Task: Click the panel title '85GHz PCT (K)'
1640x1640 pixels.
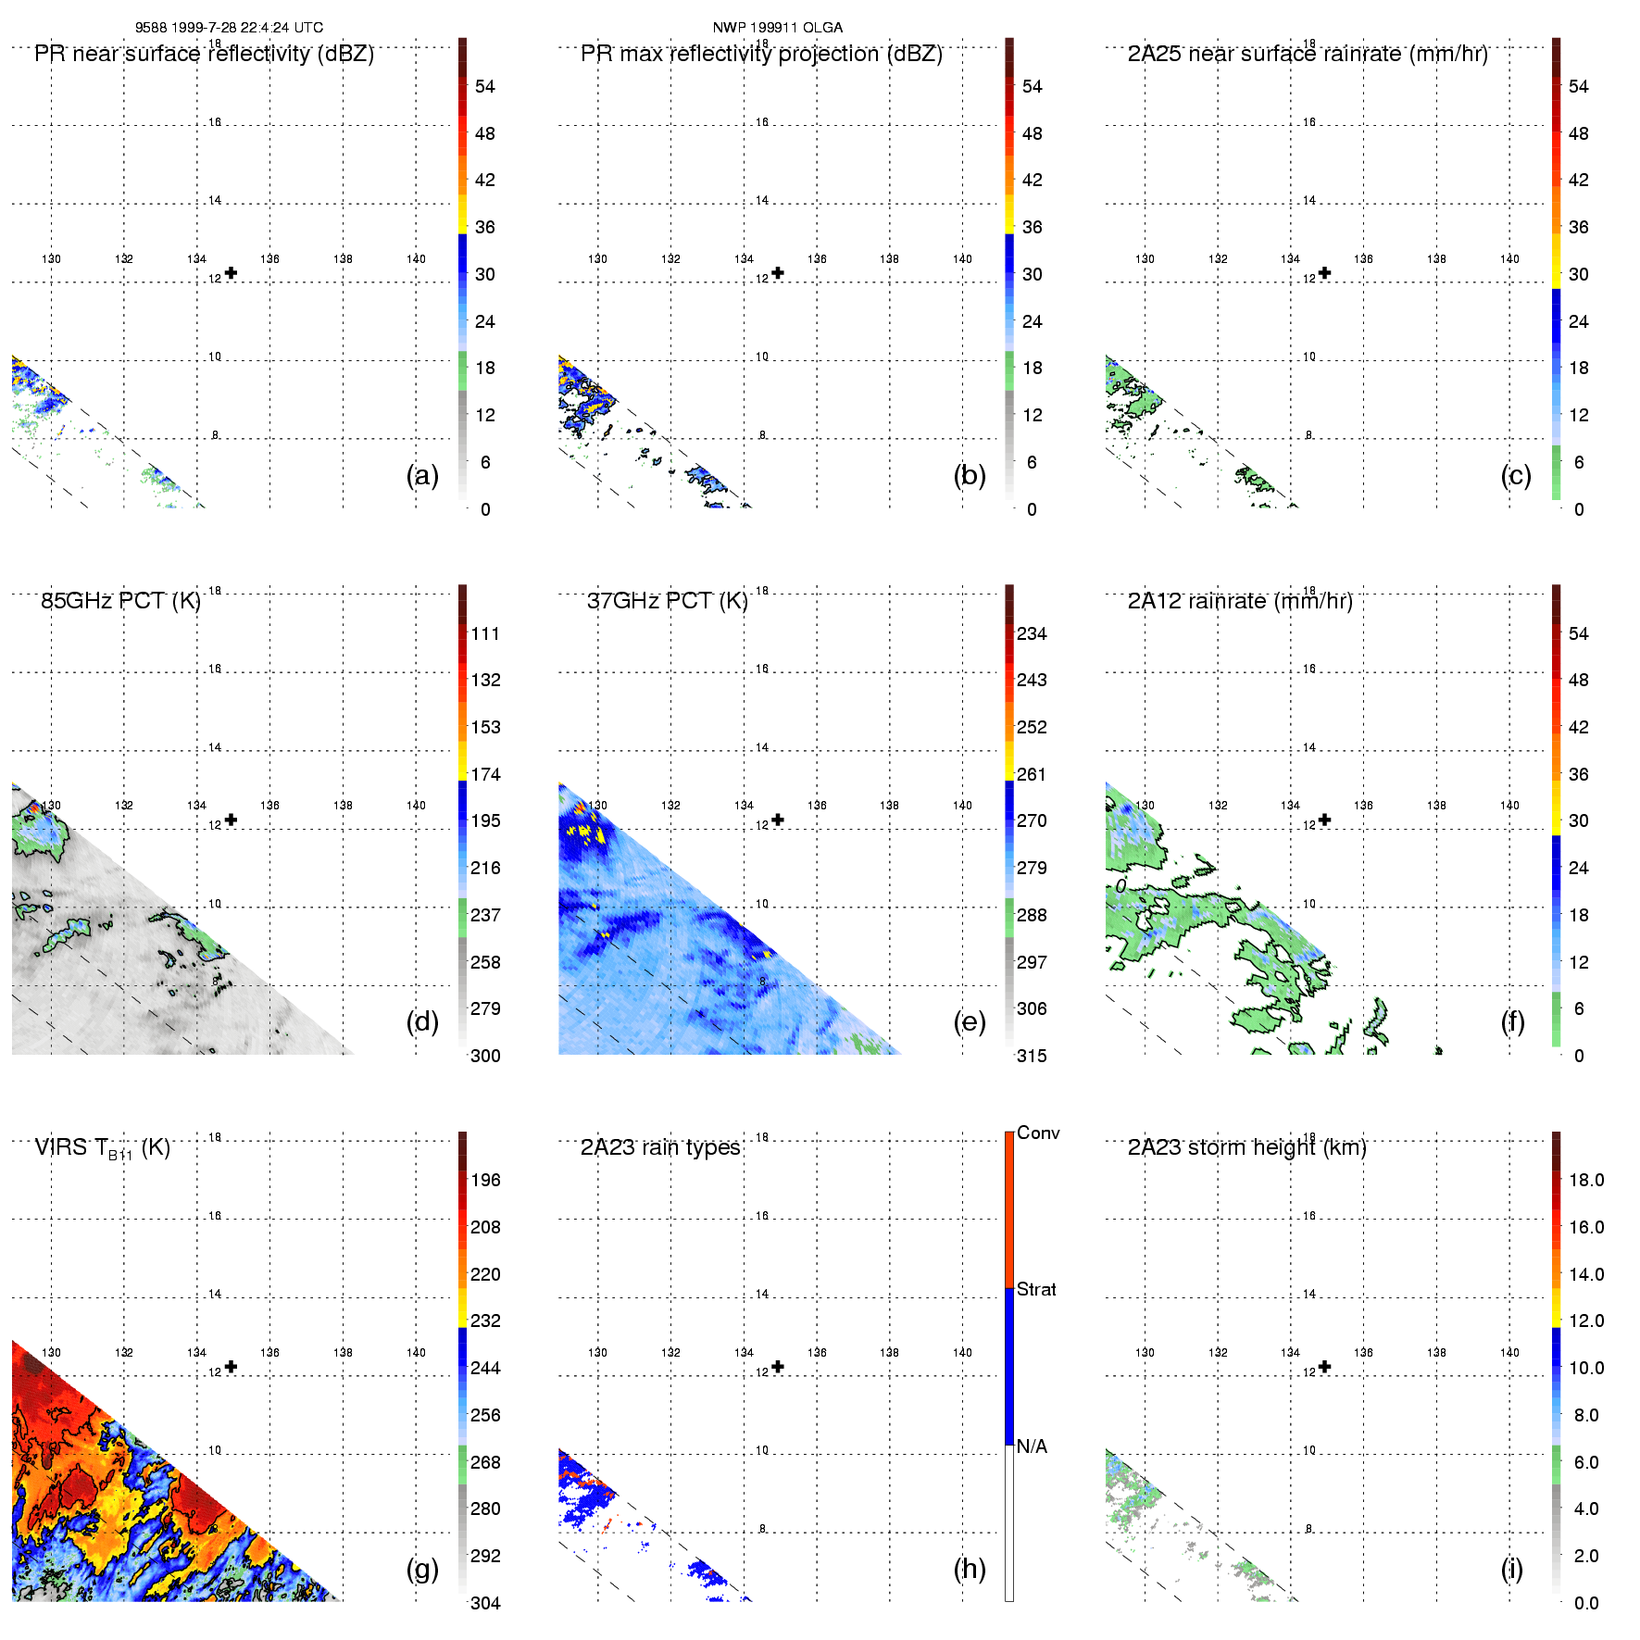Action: [120, 601]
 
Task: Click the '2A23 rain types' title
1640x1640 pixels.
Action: [660, 1147]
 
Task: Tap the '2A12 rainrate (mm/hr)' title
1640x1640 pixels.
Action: [1240, 601]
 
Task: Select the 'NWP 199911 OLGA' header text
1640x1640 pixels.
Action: [778, 28]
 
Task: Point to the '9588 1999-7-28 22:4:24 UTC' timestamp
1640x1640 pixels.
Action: [230, 28]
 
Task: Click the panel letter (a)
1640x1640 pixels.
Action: [422, 475]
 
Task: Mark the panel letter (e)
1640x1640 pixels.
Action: [970, 1021]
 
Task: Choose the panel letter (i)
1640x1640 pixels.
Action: [1512, 1569]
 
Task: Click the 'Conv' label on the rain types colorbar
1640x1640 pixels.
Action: [1038, 1133]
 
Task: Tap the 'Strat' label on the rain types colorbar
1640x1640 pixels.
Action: [1036, 1289]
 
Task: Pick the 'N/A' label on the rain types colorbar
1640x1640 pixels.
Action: [1032, 1446]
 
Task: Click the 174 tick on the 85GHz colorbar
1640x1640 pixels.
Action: [485, 774]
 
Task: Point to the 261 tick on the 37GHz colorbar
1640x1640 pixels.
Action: [1032, 774]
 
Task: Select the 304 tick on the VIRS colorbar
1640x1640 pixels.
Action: [485, 1603]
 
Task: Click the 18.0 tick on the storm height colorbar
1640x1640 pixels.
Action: [1586, 1180]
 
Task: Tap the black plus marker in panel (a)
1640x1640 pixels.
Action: [231, 273]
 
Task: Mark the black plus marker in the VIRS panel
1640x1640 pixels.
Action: [231, 1367]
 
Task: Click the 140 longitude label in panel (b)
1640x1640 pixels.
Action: [962, 259]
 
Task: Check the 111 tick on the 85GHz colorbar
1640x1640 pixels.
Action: [485, 633]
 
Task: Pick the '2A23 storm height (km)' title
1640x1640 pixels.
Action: [1246, 1147]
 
